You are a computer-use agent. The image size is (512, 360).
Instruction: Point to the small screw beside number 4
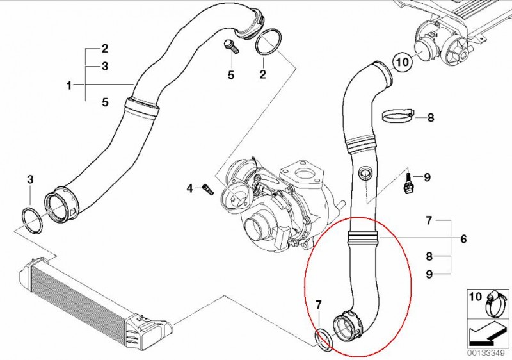[x=207, y=189]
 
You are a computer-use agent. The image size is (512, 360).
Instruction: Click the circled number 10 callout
[x=403, y=61]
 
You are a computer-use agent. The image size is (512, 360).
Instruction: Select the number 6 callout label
[x=463, y=239]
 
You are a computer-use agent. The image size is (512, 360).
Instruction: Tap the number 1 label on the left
[x=69, y=86]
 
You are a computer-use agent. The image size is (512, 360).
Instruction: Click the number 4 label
[x=189, y=188]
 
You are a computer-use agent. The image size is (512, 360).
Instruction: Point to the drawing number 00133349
[x=488, y=354]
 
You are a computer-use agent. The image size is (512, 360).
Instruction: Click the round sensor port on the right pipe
[x=365, y=173]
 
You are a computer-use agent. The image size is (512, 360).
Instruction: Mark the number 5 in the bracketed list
[x=105, y=102]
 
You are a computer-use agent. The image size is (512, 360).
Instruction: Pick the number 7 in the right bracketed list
[x=429, y=221]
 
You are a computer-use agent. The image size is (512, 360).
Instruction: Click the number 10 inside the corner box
[x=475, y=297]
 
